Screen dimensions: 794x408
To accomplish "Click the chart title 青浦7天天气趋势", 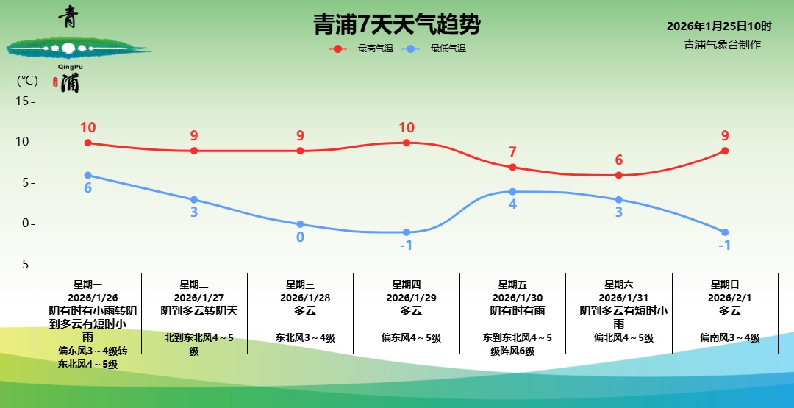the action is [396, 24].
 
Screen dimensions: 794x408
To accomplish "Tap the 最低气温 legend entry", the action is [434, 49].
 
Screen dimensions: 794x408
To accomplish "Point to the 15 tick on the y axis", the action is [23, 101].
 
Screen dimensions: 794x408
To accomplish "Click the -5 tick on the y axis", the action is [21, 265].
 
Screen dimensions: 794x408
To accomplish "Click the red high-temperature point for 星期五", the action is [512, 167].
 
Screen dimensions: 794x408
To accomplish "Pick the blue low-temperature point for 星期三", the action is [300, 224].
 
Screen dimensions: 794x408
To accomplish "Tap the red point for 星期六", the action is [619, 175].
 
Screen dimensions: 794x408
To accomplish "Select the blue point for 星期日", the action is [725, 232].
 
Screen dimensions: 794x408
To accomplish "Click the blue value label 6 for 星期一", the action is [87, 187].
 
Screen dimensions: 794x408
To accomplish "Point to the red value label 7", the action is [512, 152].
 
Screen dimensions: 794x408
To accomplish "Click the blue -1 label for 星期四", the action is [406, 246].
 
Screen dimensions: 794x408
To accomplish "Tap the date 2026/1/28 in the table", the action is [305, 298].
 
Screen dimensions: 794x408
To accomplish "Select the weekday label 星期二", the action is [194, 285].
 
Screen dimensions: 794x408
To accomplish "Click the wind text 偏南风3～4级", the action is [730, 337].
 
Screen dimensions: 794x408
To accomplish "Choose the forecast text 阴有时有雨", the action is [518, 311].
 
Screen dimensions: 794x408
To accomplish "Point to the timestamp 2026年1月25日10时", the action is [719, 26].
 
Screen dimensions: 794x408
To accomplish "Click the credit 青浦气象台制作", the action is [722, 45].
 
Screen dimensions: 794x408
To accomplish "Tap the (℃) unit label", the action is [27, 81].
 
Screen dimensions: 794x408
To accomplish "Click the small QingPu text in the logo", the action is [71, 67].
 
